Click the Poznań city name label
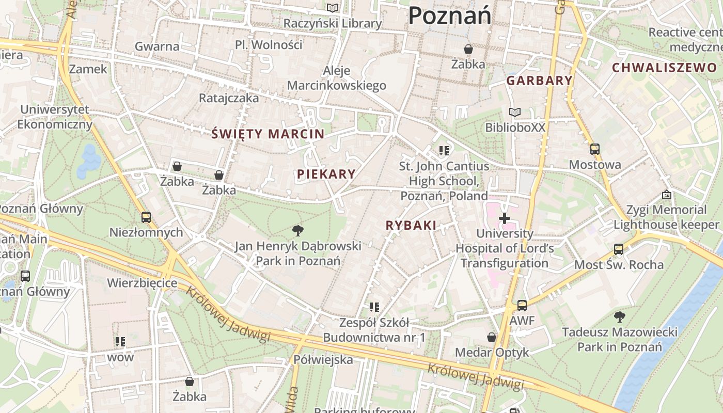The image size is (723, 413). [449, 15]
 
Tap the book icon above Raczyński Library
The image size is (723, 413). [333, 8]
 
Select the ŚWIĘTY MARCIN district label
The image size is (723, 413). [268, 134]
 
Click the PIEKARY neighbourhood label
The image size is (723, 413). [326, 174]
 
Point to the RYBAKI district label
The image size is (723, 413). [411, 225]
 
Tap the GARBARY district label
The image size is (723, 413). [539, 81]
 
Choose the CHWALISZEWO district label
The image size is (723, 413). [664, 68]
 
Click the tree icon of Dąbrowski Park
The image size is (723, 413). [298, 230]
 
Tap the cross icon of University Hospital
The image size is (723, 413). [505, 219]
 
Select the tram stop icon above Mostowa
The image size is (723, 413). [595, 149]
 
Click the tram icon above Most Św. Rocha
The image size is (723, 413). [619, 249]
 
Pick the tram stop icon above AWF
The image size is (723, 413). [522, 305]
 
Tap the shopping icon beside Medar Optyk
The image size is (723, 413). [492, 337]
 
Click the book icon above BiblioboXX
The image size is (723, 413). [515, 112]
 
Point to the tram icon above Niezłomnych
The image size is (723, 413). [146, 217]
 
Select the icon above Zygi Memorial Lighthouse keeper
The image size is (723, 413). [667, 195]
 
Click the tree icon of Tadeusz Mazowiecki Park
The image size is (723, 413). [619, 316]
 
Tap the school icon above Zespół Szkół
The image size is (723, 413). [374, 308]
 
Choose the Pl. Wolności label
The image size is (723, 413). [269, 45]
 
